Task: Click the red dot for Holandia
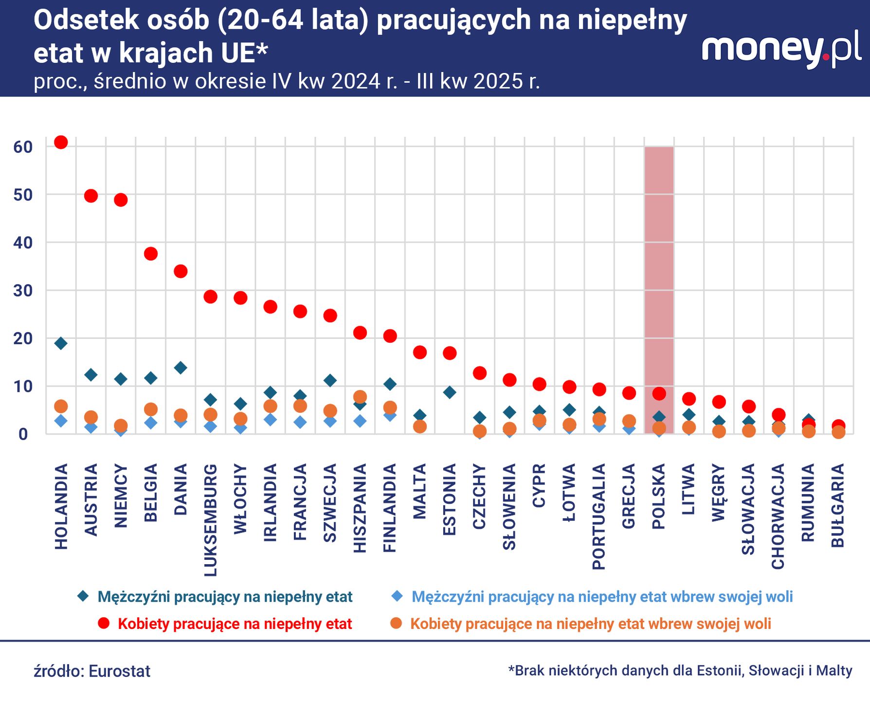61,142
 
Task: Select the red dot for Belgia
151,254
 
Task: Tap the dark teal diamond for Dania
181,368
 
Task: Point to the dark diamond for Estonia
450,392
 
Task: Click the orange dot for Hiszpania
360,397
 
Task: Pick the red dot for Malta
420,352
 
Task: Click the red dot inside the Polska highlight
659,393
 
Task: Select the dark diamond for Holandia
61,343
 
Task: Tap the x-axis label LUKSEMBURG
210,520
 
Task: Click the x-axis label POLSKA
659,497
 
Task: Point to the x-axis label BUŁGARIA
838,505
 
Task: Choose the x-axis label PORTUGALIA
599,517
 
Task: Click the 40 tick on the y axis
23,242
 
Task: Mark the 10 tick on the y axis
23,387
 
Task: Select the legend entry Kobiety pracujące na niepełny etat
235,624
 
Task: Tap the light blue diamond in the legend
398,596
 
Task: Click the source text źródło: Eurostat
92,671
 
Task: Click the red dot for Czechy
480,373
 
